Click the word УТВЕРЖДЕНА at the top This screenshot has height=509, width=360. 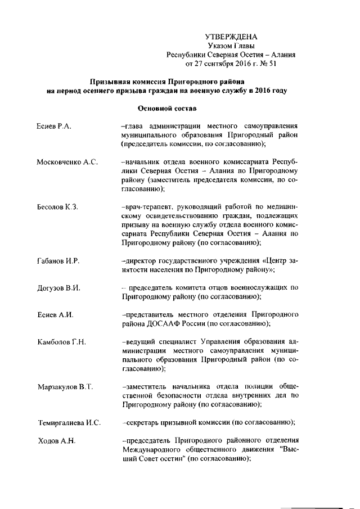231,37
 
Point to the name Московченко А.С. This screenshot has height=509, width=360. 67,163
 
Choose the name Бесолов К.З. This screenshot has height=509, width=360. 57,208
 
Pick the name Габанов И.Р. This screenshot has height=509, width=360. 57,262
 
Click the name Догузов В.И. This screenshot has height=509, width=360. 57,289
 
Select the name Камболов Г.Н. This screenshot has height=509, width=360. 61,342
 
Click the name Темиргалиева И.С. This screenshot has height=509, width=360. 69,423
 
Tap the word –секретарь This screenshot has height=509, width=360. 144,423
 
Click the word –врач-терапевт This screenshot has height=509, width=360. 148,208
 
